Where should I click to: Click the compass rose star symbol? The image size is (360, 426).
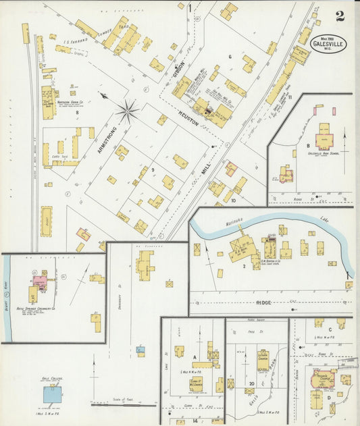click(127, 110)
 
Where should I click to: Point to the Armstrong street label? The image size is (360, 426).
click(105, 140)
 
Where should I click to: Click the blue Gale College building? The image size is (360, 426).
click(51, 394)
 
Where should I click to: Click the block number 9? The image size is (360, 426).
click(153, 169)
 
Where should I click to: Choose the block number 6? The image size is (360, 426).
click(230, 58)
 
